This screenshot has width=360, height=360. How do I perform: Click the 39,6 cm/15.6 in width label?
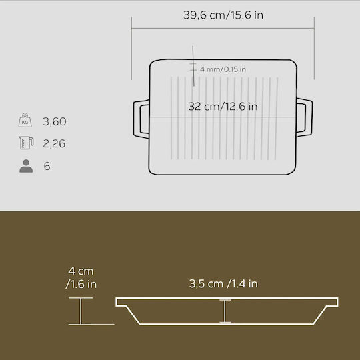pos(223,15)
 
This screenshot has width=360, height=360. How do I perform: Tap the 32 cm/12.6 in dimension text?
pos(223,107)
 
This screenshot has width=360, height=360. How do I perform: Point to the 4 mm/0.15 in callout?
pos(223,69)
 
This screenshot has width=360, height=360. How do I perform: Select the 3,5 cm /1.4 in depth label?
pos(223,284)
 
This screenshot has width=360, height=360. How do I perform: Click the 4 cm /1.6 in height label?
pos(81,277)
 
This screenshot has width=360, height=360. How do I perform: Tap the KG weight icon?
pos(25,120)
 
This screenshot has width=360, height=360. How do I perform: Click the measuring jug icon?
pos(26,143)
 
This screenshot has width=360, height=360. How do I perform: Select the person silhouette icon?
pos(26,166)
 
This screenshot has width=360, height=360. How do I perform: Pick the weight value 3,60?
pos(55,121)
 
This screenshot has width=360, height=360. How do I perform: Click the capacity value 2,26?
pos(54,143)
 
